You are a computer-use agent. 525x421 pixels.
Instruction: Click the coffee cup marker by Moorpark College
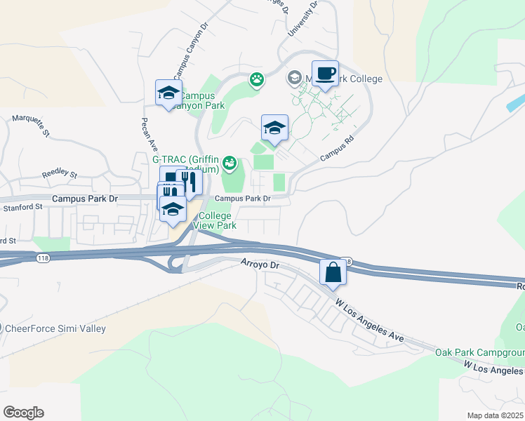(325, 74)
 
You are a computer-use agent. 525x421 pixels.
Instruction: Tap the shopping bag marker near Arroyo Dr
(333, 272)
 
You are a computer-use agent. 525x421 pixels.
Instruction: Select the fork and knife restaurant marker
(189, 182)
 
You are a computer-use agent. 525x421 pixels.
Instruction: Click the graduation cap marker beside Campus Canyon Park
(168, 93)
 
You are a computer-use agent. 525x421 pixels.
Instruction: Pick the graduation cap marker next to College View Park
(173, 209)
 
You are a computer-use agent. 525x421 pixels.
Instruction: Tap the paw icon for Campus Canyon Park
(258, 79)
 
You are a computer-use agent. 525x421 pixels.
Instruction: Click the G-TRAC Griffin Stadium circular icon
(230, 166)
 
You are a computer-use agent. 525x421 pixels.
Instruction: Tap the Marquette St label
(30, 124)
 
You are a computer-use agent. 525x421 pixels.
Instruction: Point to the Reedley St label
(58, 173)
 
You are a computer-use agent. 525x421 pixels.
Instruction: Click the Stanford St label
(23, 207)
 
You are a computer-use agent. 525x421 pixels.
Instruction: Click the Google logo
(23, 413)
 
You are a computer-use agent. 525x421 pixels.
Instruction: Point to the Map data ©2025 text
(494, 415)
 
